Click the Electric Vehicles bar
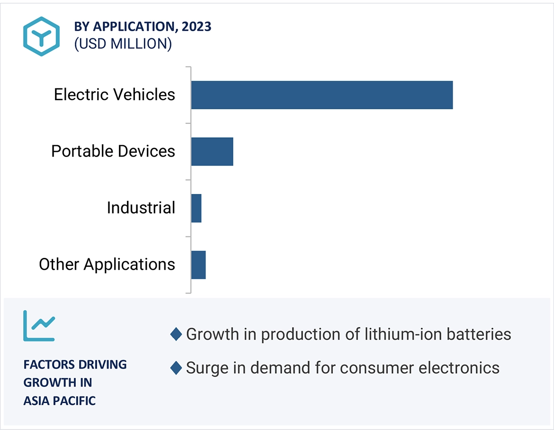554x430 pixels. (x=322, y=95)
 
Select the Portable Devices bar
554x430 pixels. (x=212, y=152)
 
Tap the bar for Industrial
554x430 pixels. (x=196, y=208)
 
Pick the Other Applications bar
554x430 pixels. (x=198, y=265)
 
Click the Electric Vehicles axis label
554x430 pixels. (x=114, y=95)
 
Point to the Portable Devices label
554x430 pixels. (x=113, y=151)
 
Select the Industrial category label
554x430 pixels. (x=141, y=208)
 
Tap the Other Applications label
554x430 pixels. (x=107, y=264)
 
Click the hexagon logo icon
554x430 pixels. (x=42, y=36)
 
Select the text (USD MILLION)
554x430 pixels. (x=123, y=44)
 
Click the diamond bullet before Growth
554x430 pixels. (x=176, y=334)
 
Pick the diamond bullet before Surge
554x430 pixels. (x=176, y=368)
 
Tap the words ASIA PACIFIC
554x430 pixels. (x=60, y=401)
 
